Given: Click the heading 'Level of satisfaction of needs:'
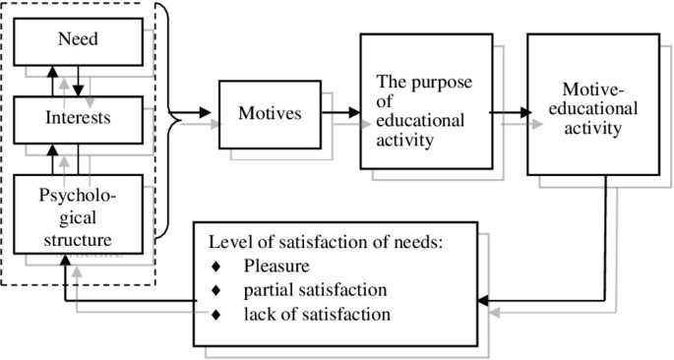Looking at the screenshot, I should [333, 242].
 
